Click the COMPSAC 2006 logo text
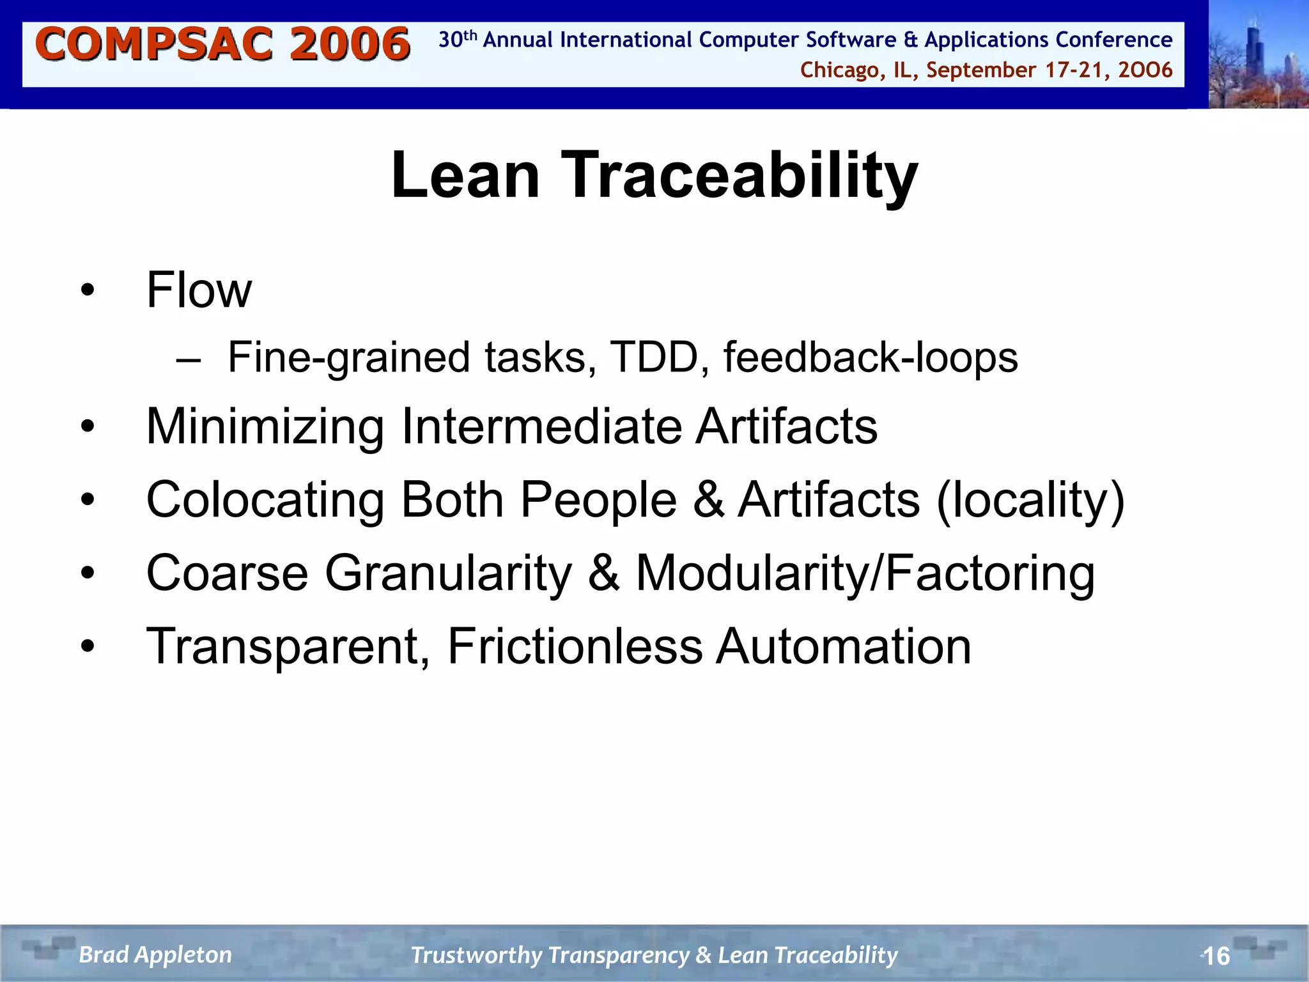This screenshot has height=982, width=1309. pos(222,45)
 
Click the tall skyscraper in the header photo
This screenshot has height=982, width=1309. pos(1253,51)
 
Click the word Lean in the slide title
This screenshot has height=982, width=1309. pos(465,175)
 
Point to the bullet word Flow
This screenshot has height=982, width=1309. pos(199,290)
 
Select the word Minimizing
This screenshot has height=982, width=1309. pos(265,426)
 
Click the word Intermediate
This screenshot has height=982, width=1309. pos(541,426)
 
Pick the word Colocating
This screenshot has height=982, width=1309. pos(265,499)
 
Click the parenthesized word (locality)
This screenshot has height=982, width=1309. pos(1030,499)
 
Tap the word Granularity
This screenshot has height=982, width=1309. pos(448,573)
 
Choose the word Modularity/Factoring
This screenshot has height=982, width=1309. pos(865,573)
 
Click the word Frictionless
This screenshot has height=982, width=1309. pos(575,646)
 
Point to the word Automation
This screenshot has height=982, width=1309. pos(843,646)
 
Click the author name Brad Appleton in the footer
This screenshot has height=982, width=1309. pos(155,955)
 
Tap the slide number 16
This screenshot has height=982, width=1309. pos(1216,956)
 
